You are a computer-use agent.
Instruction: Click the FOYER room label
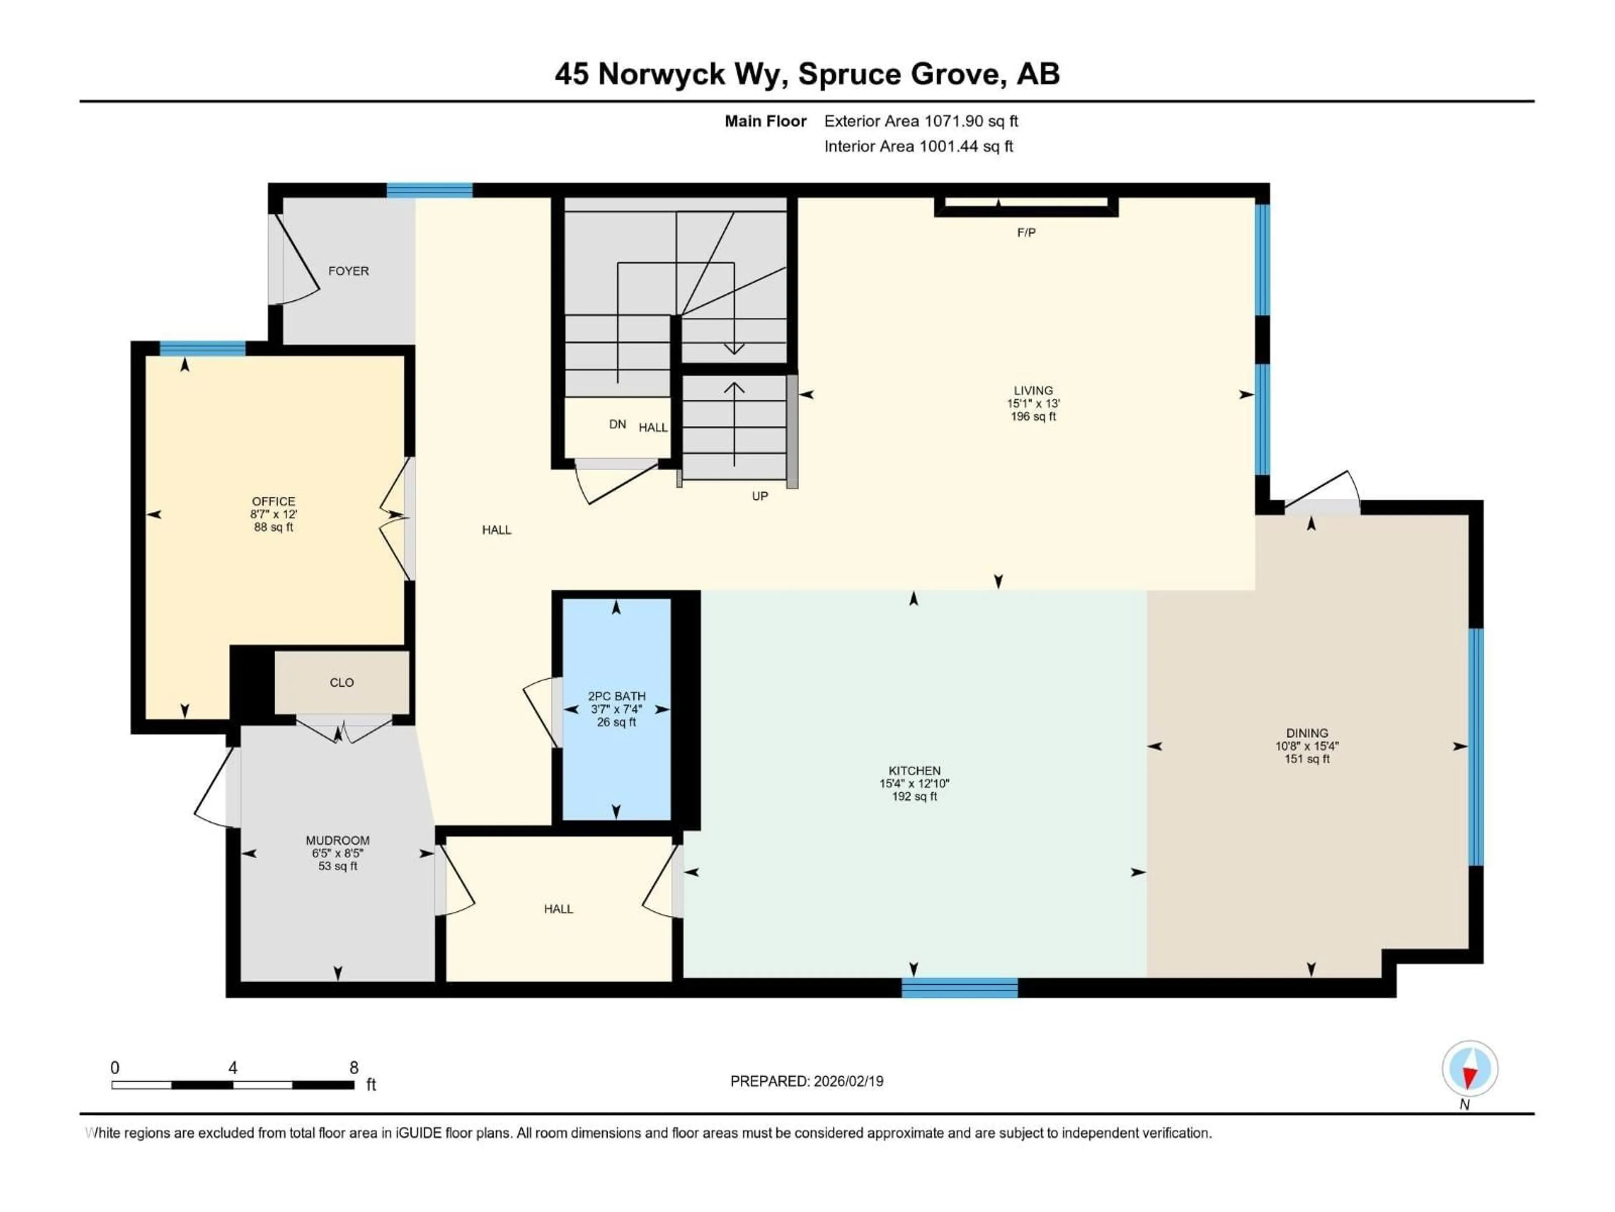[x=348, y=271]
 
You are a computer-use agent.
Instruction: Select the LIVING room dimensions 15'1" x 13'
[x=1033, y=403]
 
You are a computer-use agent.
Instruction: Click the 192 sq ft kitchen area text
[x=914, y=796]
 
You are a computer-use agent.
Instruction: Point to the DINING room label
[x=1307, y=733]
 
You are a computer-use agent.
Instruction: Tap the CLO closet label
[x=342, y=682]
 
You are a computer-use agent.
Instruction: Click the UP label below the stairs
[x=760, y=496]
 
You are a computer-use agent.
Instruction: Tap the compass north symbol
[x=1470, y=1069]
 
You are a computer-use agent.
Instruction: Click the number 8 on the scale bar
[x=354, y=1067]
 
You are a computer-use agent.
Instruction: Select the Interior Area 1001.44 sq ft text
[x=919, y=146]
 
